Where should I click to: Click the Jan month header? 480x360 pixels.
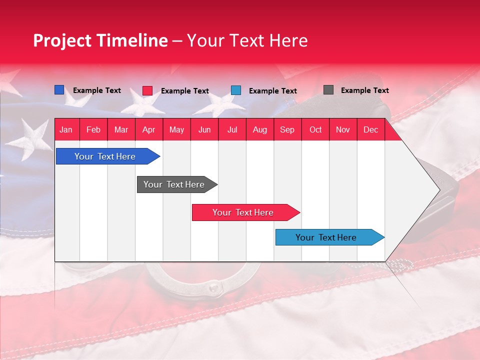[x=66, y=129]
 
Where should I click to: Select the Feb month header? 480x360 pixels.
[x=93, y=129]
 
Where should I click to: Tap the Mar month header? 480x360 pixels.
[x=121, y=129]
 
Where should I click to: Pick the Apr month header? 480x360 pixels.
[x=148, y=129]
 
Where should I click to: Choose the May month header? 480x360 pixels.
[x=176, y=129]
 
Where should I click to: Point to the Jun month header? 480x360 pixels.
[x=204, y=129]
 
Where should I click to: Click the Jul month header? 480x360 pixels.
[x=232, y=129]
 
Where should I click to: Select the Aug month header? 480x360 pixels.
[x=259, y=129]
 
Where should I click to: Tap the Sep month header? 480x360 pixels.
[x=287, y=129]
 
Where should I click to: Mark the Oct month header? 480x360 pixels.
[x=315, y=129]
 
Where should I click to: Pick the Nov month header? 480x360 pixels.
[x=343, y=129]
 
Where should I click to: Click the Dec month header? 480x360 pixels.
[x=370, y=129]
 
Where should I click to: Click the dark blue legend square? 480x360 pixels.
[x=59, y=90]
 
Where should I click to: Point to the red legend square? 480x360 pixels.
[x=147, y=90]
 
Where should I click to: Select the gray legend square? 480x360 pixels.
[x=328, y=90]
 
